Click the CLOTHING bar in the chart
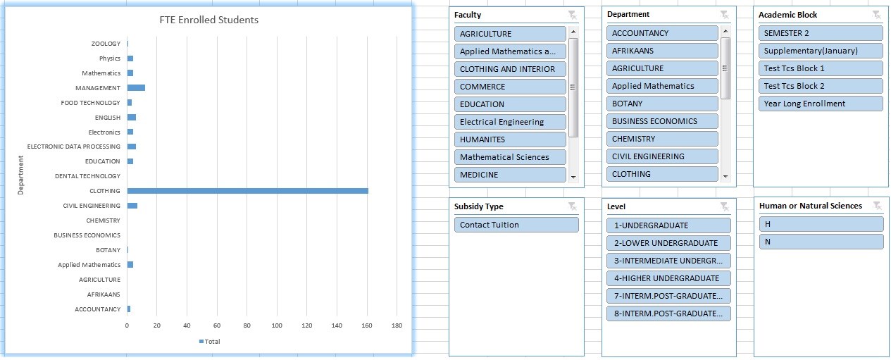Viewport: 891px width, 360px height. [x=247, y=191]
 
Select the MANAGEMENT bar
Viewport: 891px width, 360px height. [x=136, y=88]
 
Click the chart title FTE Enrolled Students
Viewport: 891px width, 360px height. [x=209, y=20]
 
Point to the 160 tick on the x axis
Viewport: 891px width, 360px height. [x=367, y=325]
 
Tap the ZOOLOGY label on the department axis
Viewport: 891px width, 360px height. [x=106, y=44]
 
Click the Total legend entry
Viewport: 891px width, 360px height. [x=210, y=341]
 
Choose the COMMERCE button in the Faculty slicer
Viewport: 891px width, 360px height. [x=510, y=87]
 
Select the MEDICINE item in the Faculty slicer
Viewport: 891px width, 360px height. [x=510, y=175]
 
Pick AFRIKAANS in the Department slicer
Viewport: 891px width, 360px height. [x=662, y=51]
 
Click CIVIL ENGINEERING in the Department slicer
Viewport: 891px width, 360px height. [x=662, y=156]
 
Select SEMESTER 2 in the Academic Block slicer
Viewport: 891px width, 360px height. [x=821, y=33]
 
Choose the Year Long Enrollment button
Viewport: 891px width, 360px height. [x=821, y=104]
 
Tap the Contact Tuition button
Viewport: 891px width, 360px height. [x=516, y=225]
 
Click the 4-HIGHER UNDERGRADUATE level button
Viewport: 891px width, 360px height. [x=668, y=278]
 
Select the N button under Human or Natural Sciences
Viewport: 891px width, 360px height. [x=821, y=242]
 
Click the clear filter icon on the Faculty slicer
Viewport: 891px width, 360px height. [x=572, y=15]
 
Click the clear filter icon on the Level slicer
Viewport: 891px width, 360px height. [x=724, y=206]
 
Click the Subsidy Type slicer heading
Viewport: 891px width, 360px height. [x=479, y=206]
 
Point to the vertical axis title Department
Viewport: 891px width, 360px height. [x=20, y=175]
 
